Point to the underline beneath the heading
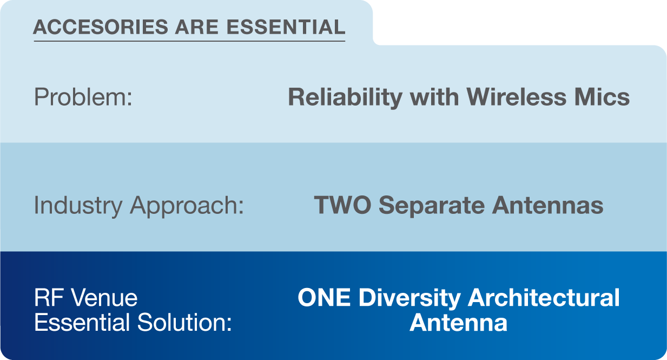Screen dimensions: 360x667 point(189,41)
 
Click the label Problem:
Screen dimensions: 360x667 point(83,97)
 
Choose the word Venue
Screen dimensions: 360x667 point(104,298)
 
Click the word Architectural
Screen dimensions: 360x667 point(544,298)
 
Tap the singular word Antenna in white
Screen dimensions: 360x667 point(458,323)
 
